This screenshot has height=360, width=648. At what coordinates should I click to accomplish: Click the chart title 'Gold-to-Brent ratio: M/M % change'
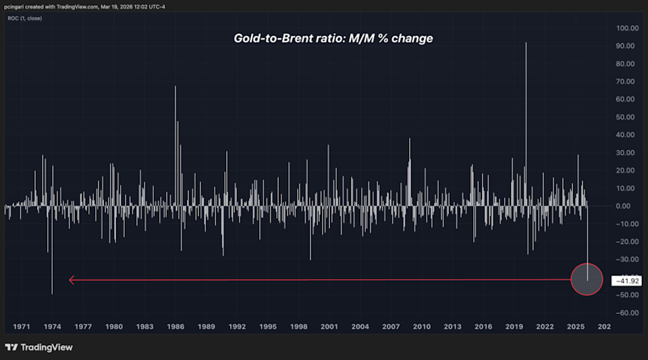point(333,38)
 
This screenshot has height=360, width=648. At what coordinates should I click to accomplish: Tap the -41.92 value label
point(625,280)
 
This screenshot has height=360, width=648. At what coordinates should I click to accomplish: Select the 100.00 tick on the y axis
point(627,28)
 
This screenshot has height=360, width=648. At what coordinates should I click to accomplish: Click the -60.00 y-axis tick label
point(627,313)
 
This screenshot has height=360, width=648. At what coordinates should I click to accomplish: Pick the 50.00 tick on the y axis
point(628,117)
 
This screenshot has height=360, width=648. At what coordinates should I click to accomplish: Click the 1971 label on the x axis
point(22,327)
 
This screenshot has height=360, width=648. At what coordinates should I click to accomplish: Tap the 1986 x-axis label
point(175,327)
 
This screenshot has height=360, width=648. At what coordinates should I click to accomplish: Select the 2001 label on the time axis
point(329,327)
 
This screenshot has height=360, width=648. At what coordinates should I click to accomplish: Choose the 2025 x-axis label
point(576,327)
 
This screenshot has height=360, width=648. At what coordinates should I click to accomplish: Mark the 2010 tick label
point(422,327)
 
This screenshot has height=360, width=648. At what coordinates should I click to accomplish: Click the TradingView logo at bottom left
point(38,347)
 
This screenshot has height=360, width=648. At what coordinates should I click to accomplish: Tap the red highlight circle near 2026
point(586,279)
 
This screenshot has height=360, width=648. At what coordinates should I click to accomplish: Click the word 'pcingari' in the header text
point(17,6)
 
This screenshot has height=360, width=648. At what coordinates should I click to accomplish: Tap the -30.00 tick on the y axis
point(627,259)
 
